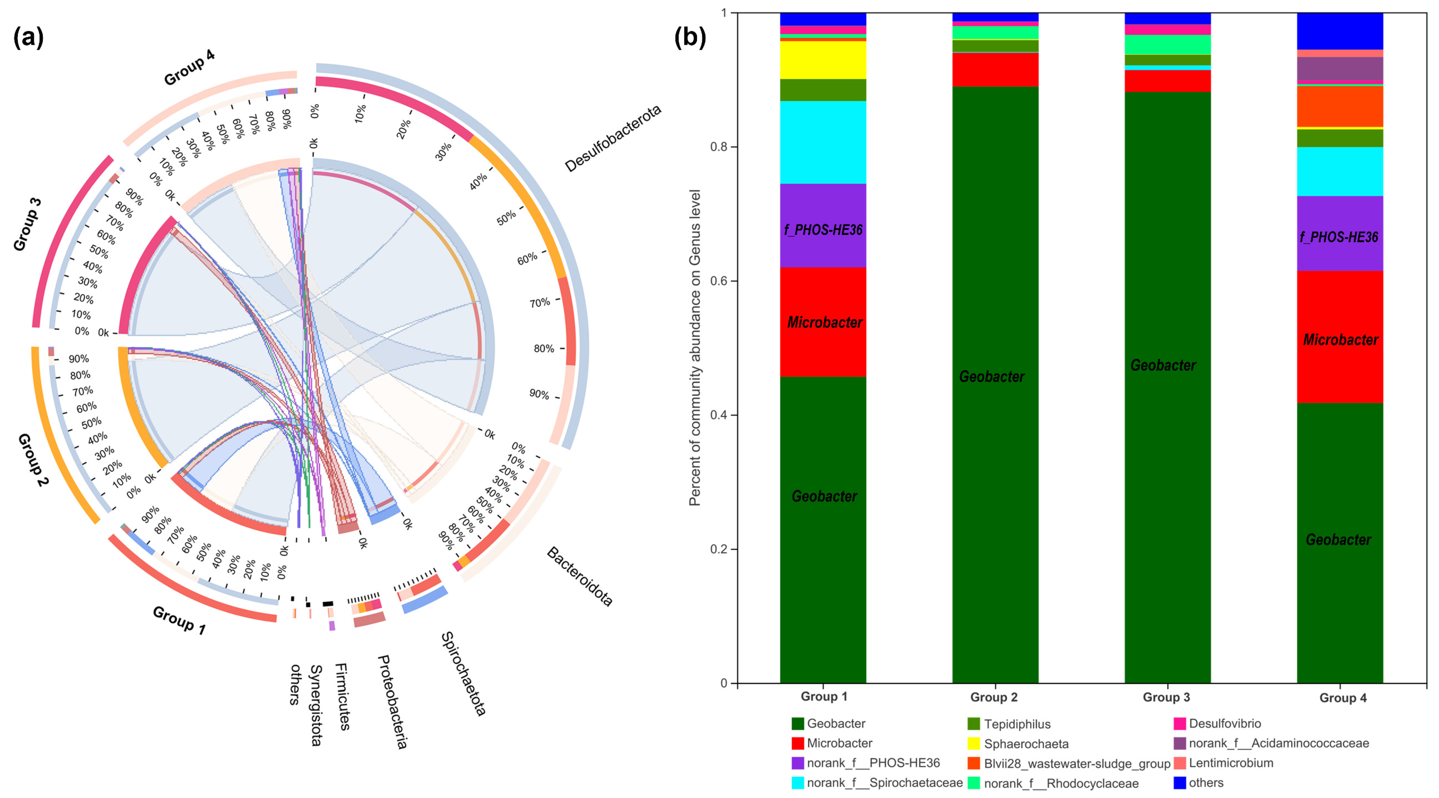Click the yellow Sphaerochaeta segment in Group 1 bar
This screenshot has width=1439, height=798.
pos(823,60)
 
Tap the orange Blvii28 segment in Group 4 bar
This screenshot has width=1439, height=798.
pos(1339,107)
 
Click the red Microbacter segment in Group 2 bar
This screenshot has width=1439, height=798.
pos(995,69)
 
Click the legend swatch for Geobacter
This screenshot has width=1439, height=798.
pos(798,724)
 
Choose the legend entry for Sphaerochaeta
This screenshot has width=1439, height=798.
pos(1026,744)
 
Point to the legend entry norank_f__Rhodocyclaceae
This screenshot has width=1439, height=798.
pos(1060,784)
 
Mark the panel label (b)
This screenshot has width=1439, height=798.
pos(690,38)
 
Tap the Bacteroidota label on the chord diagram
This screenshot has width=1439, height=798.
pos(579,576)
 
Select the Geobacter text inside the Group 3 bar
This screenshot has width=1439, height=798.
pos(1163,365)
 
